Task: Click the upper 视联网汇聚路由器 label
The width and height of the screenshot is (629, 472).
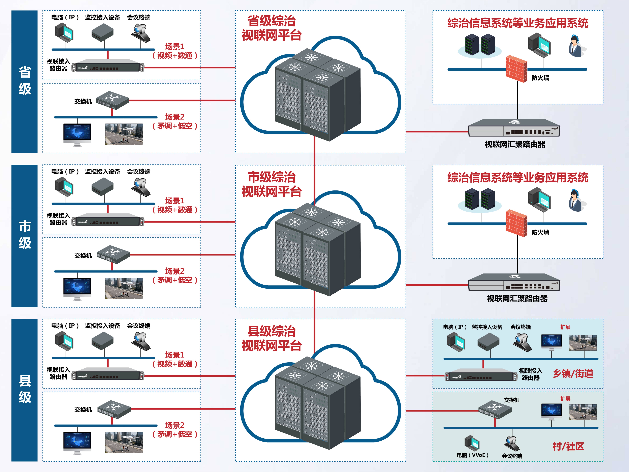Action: tap(515, 144)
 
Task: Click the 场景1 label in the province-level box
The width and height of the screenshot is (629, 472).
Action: tap(175, 46)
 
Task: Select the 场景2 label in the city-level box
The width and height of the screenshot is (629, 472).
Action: tap(175, 271)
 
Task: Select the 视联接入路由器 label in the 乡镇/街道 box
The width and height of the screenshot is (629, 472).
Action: tap(530, 374)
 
